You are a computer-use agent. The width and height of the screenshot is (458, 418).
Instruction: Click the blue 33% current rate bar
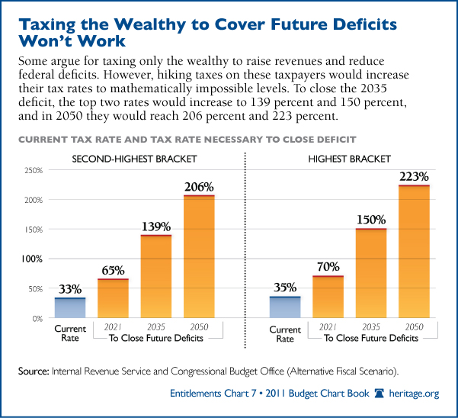point(70,307)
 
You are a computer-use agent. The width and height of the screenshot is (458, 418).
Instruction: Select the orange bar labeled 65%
point(112,298)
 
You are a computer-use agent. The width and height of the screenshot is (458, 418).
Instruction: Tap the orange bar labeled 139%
point(155,276)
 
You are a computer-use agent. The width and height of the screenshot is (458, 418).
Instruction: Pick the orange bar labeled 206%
point(198,256)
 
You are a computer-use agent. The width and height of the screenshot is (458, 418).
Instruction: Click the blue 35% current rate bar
point(285,307)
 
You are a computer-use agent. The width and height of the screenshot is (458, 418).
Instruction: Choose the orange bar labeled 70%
point(328,297)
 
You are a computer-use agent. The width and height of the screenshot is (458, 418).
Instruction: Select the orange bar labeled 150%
point(371,273)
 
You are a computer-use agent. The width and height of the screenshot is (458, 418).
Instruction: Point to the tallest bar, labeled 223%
point(414,251)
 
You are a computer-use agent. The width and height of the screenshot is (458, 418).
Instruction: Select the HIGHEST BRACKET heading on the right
point(350,159)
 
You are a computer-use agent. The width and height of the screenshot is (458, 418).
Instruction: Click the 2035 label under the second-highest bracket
point(155,326)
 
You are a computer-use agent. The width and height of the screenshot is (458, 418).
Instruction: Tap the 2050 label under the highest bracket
point(414,326)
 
